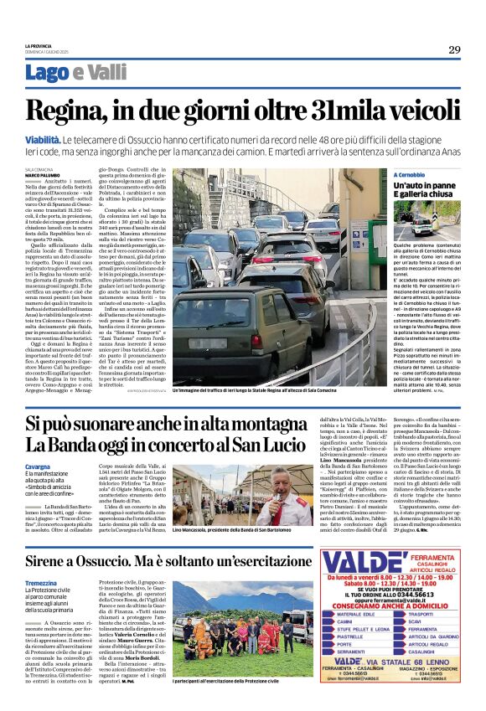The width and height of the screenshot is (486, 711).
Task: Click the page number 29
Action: click(453, 49)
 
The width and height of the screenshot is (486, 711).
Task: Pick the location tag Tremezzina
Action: click(42, 583)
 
